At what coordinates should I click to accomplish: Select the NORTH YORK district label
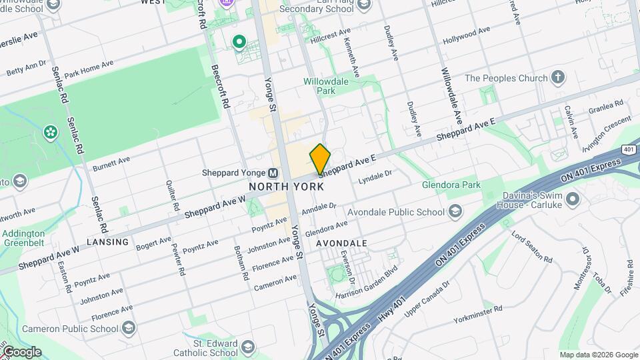[x=287, y=187]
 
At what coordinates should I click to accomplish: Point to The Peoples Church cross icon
[x=559, y=78]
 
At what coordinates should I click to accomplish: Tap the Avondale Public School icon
[x=455, y=212]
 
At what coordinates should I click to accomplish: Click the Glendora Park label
[x=451, y=185]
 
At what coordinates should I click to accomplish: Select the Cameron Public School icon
[x=129, y=328]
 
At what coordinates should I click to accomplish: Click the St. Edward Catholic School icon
[x=248, y=347]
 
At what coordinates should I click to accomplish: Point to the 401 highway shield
[x=629, y=150]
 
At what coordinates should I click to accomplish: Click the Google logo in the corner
[x=21, y=352]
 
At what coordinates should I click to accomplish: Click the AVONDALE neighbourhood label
[x=341, y=243]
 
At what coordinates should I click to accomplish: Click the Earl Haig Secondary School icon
[x=363, y=5]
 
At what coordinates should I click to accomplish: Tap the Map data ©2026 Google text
[x=598, y=355]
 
